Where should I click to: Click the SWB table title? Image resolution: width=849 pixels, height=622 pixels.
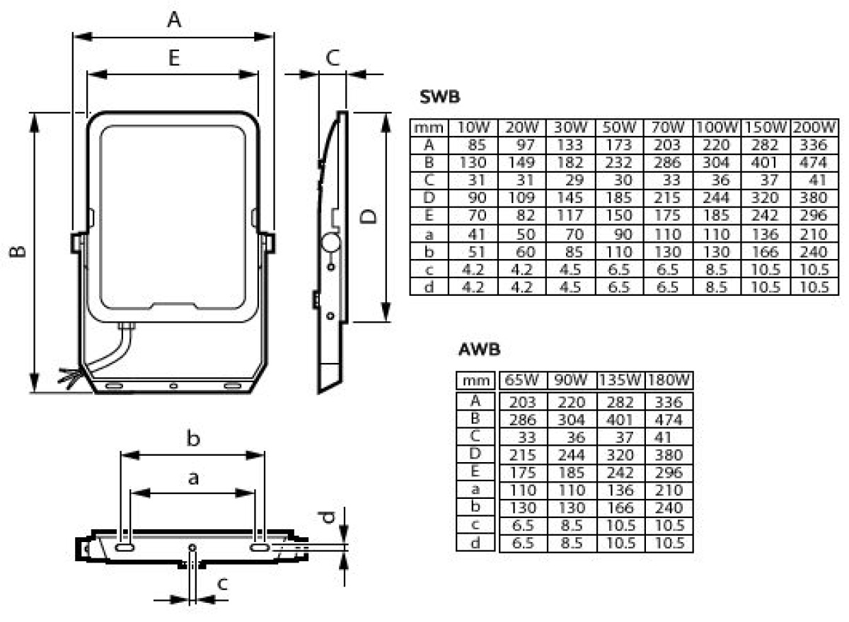pyautogui.click(x=439, y=97)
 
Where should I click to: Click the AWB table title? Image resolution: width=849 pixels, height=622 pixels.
pyautogui.click(x=479, y=350)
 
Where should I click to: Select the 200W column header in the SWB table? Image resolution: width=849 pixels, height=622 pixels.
pyautogui.click(x=814, y=127)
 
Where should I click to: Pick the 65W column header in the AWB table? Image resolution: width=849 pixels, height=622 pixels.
pyautogui.click(x=521, y=380)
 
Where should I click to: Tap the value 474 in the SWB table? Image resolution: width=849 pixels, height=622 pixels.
pyautogui.click(x=814, y=163)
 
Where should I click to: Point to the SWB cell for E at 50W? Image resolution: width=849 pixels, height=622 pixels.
pyautogui.click(x=618, y=215)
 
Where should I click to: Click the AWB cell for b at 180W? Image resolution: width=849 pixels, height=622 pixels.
pyautogui.click(x=669, y=507)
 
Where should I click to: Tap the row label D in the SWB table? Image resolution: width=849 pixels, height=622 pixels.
pyautogui.click(x=429, y=197)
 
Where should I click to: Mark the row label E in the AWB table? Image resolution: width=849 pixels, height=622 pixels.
pyautogui.click(x=475, y=471)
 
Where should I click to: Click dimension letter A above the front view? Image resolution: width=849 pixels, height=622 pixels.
pyautogui.click(x=174, y=20)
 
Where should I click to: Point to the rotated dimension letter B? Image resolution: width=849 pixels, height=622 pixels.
pyautogui.click(x=18, y=252)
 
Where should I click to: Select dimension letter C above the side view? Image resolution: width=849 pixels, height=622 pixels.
pyautogui.click(x=333, y=58)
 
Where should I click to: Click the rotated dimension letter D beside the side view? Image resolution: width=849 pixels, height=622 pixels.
pyautogui.click(x=368, y=217)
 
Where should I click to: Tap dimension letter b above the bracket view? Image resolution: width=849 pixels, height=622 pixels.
pyautogui.click(x=193, y=439)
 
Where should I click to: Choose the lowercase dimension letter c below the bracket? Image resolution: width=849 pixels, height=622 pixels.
pyautogui.click(x=222, y=584)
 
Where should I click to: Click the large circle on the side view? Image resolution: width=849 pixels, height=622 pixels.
pyautogui.click(x=331, y=243)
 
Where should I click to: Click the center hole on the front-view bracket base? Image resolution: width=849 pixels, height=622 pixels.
pyautogui.click(x=173, y=386)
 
